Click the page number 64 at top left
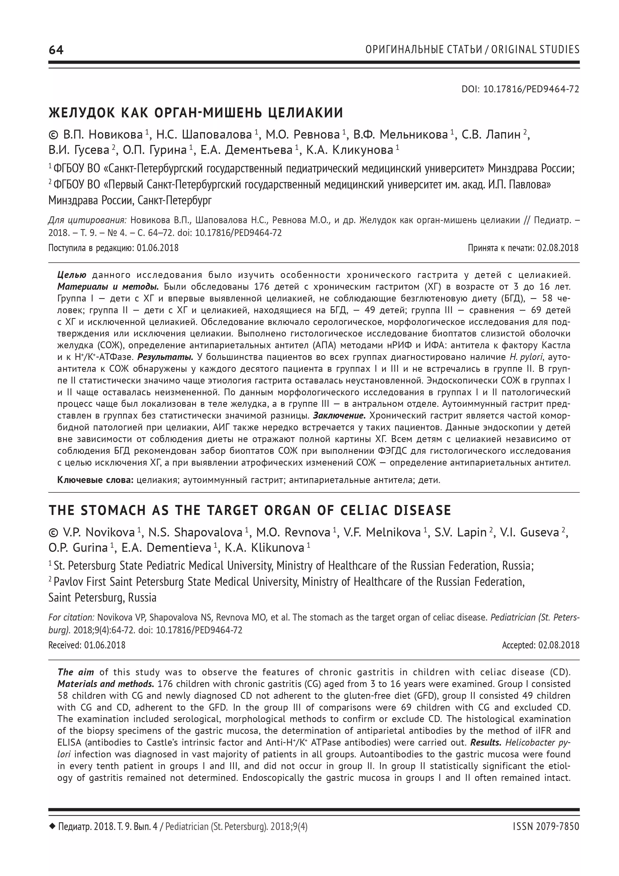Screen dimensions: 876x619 [56, 50]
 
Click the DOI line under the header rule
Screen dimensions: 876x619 [520, 89]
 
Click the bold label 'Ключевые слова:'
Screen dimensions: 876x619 [95, 480]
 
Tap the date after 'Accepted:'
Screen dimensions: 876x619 [559, 645]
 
